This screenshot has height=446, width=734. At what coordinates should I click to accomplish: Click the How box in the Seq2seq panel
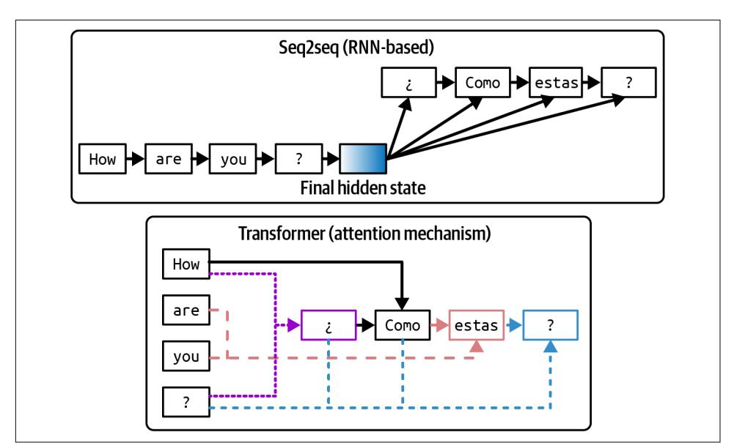point(102,158)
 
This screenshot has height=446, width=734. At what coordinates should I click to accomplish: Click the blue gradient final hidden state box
point(364,158)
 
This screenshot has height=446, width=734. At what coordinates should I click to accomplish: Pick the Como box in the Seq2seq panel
point(482,82)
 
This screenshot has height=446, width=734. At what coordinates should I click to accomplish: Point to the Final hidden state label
point(363,187)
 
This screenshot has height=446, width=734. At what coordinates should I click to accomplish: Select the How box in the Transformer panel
point(186,264)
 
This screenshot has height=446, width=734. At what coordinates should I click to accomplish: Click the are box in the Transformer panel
point(186,310)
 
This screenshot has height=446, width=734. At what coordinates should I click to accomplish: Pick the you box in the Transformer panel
point(186,357)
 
